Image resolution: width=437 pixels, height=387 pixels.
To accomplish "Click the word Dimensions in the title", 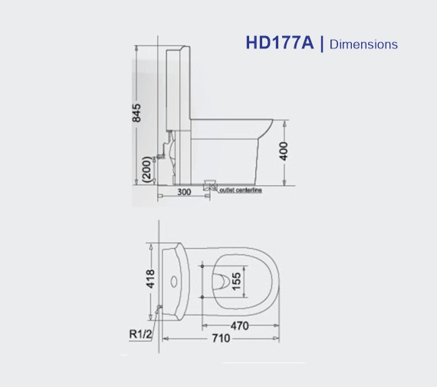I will point(363,45).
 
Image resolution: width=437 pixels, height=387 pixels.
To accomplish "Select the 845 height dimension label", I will point(137,113).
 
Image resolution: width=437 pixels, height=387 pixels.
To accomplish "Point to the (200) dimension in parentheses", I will point(146,169).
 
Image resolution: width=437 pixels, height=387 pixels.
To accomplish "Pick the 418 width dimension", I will point(151,276).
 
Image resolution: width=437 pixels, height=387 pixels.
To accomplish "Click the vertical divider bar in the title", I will point(322,44).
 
